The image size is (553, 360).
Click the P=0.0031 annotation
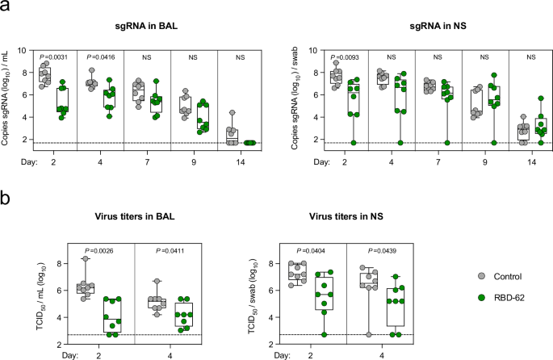click(x=55, y=57)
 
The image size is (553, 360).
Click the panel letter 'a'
click(x=5, y=6)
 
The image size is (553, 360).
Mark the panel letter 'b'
click(x=6, y=197)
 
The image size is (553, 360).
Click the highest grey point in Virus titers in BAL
click(x=62, y=258)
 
